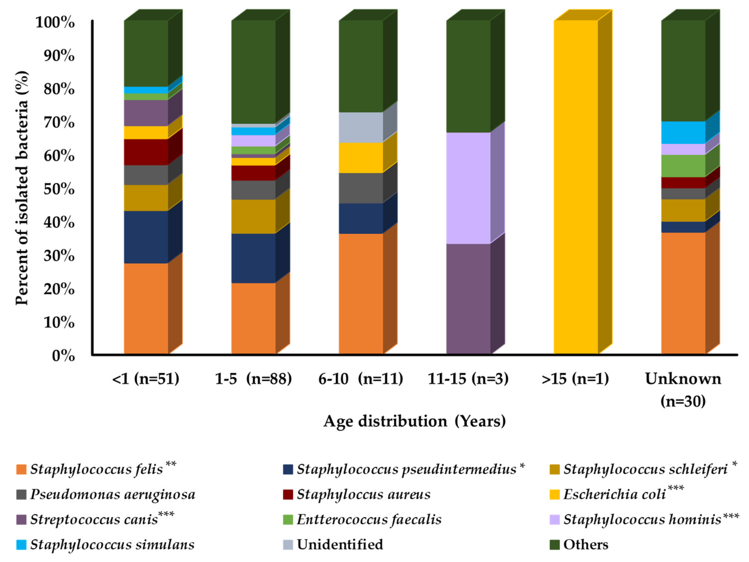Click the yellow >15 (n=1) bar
[576, 186]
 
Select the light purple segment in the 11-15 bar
[468, 188]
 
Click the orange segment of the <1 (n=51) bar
[146, 308]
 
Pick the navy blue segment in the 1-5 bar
[253, 258]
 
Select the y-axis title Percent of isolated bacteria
[22, 188]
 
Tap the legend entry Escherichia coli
[615, 495]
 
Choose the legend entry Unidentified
[340, 545]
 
